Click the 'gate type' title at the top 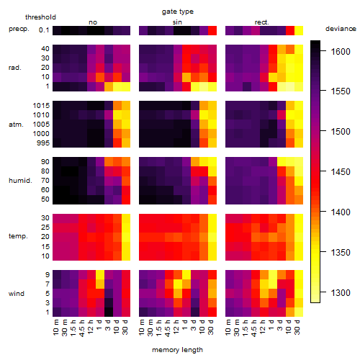tap(178, 12)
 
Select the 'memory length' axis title tap(177, 350)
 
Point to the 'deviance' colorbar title tap(341, 29)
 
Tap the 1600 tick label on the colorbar tap(341, 52)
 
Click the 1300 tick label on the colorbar tap(341, 293)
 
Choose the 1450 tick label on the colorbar tap(341, 172)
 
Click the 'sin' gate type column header tap(177, 22)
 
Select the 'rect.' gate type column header tap(262, 22)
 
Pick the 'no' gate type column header tap(93, 22)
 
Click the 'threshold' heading tap(40, 17)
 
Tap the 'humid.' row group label tap(20, 181)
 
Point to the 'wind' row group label tap(17, 294)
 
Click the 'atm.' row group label tap(16, 125)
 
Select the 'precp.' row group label tap(19, 29)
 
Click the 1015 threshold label tap(41, 106)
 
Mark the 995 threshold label tap(43, 143)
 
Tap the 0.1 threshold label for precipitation tap(44, 30)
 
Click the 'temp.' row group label tap(18, 236)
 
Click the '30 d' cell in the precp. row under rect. tap(299, 30)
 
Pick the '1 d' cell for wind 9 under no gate tap(100, 275)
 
